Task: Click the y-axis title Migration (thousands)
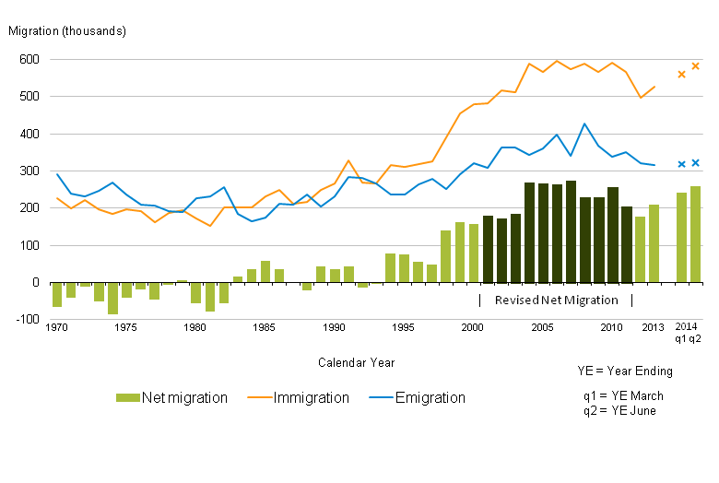(67, 30)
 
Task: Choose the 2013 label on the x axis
(653, 327)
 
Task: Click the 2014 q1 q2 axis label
(688, 333)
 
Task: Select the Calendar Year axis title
(357, 362)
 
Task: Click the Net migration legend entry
(171, 398)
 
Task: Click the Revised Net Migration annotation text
(556, 300)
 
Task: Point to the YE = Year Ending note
(625, 371)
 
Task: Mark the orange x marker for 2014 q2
(695, 66)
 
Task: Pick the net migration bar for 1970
(57, 294)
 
